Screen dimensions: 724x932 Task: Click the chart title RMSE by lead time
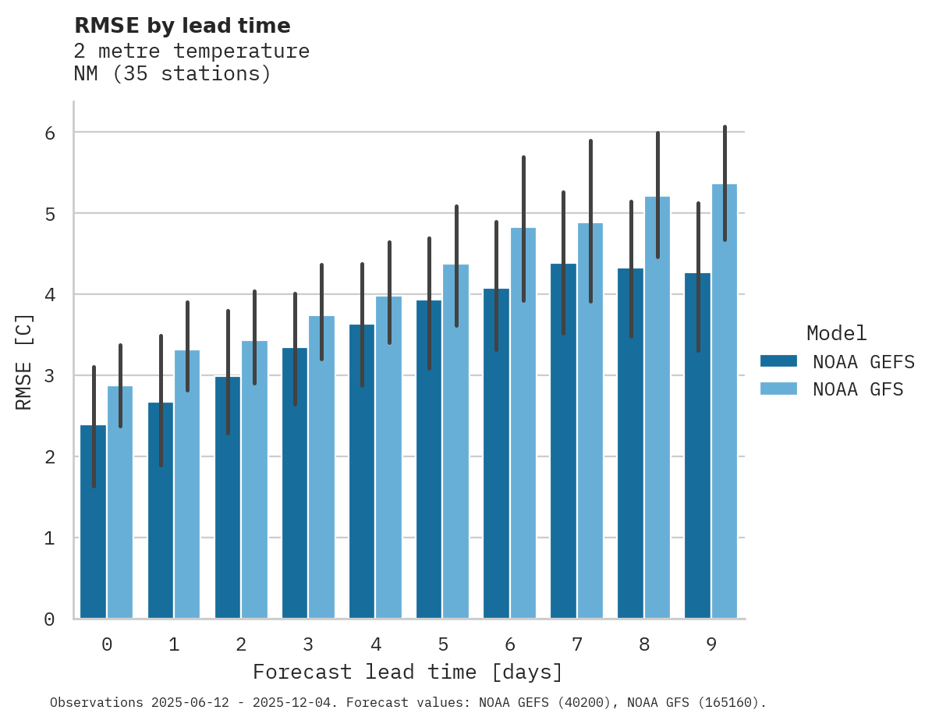pyautogui.click(x=182, y=26)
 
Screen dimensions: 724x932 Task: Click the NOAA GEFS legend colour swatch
pyautogui.click(x=778, y=360)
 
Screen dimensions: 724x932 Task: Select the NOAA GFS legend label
pyautogui.click(x=858, y=389)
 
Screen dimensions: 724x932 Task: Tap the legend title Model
pyautogui.click(x=836, y=333)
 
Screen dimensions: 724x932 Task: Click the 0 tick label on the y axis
pyautogui.click(x=49, y=619)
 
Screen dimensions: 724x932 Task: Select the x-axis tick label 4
pyautogui.click(x=376, y=644)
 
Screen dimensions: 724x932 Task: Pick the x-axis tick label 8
pyautogui.click(x=644, y=644)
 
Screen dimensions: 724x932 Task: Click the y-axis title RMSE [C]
pyautogui.click(x=24, y=362)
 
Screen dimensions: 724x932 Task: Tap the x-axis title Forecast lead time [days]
pyautogui.click(x=407, y=672)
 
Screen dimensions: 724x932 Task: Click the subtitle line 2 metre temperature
pyautogui.click(x=191, y=51)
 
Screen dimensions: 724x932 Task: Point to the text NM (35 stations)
pyautogui.click(x=172, y=74)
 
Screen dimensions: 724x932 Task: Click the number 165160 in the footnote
pyautogui.click(x=728, y=703)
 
